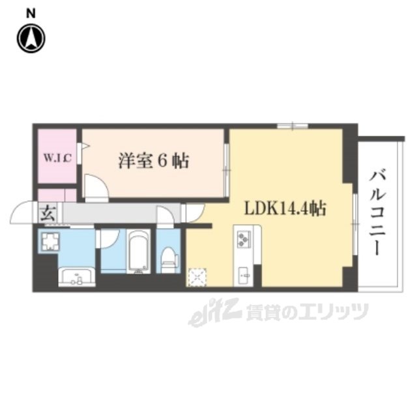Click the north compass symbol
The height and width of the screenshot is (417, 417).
[30, 38]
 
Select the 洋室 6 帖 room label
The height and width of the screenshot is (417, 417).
[153, 160]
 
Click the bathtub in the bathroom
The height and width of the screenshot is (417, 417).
[138, 251]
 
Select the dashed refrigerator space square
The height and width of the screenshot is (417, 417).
[196, 276]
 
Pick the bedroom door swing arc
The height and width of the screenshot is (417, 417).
[95, 188]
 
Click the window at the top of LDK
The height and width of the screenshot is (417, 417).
[292, 125]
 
